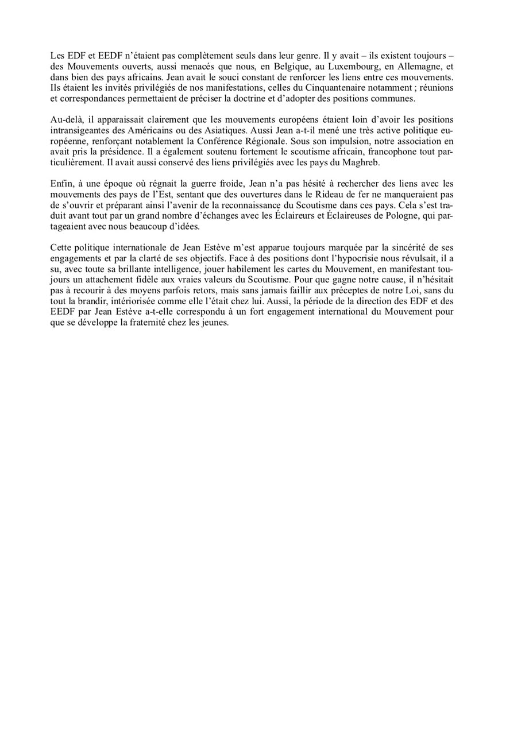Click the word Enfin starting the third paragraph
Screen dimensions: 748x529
click(61, 184)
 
